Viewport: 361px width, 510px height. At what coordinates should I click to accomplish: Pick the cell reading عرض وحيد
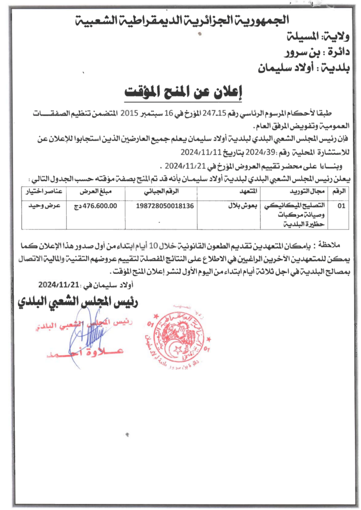point(48,205)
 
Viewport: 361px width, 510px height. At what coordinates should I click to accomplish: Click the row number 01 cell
point(341,205)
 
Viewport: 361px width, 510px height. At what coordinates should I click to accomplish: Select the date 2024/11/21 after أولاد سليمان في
point(58,284)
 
